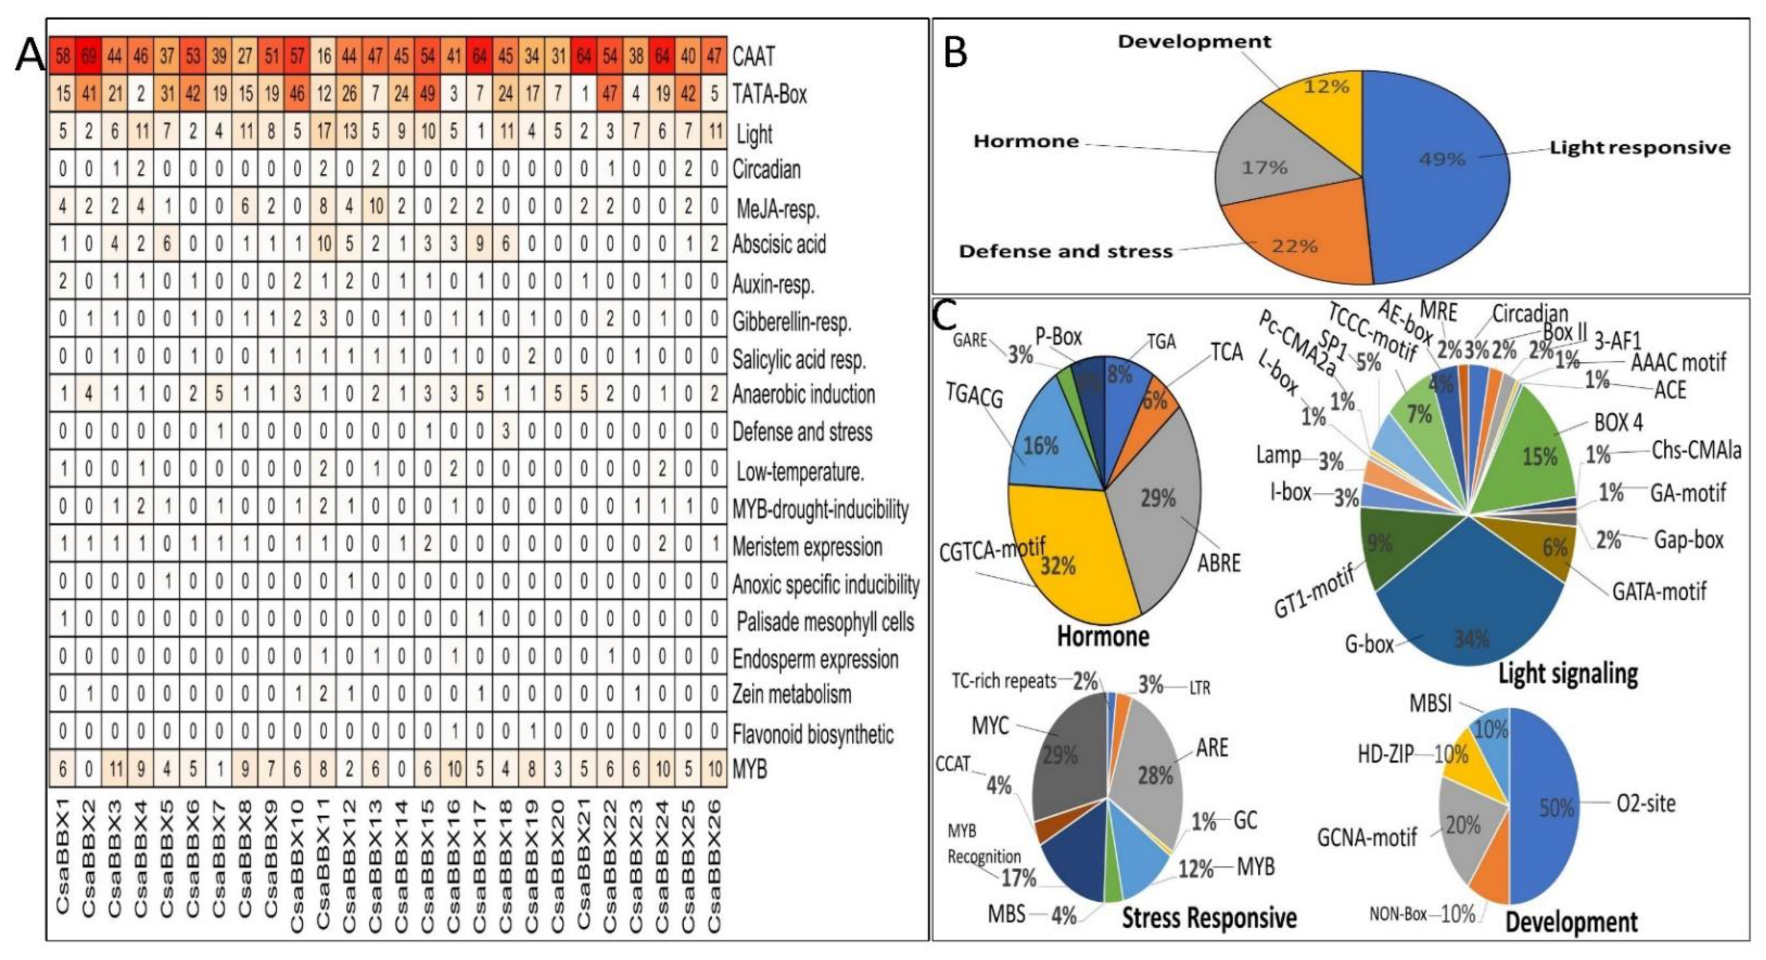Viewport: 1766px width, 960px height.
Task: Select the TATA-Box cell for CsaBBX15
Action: [x=428, y=93]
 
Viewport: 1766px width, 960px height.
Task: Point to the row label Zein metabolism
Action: [x=791, y=694]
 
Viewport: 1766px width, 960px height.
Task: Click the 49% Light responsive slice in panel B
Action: [x=1439, y=171]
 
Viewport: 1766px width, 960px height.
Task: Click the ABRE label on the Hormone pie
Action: [x=1218, y=563]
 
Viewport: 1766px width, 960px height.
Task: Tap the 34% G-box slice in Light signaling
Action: [x=1467, y=617]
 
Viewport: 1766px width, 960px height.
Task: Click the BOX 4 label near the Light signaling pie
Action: [x=1618, y=422]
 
